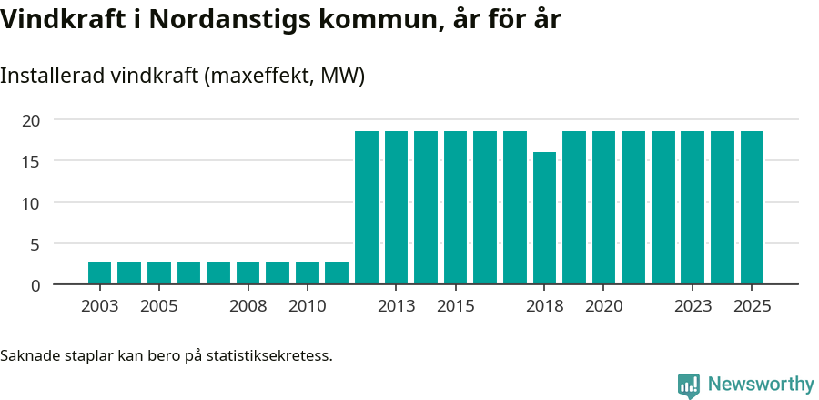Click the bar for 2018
point(544,219)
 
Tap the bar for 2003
point(100,273)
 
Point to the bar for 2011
point(337,273)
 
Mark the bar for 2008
point(248,273)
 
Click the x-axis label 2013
point(397,306)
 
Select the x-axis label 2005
point(159,306)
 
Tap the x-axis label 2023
point(693,306)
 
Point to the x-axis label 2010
point(308,306)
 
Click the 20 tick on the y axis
point(31,120)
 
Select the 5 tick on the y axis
point(35,244)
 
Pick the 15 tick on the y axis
point(31,161)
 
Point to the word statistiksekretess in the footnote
point(269,355)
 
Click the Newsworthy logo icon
point(689,385)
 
